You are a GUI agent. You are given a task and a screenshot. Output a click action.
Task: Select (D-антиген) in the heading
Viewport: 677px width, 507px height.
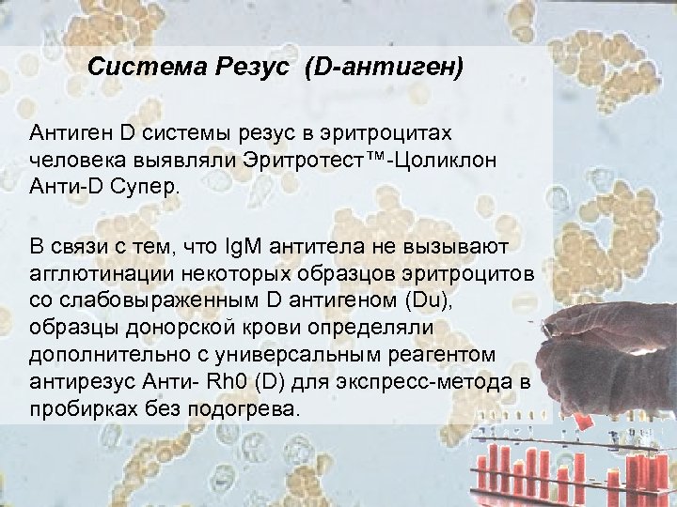click(384, 68)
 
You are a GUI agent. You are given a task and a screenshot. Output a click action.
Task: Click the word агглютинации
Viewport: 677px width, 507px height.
click(91, 273)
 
